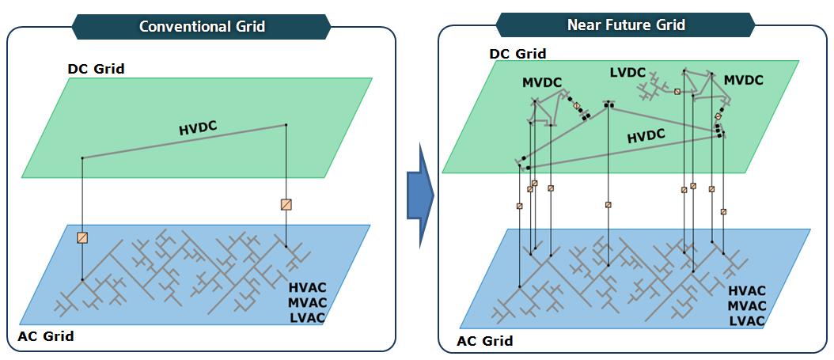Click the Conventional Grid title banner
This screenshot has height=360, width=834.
(x=202, y=26)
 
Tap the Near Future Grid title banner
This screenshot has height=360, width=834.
(x=626, y=25)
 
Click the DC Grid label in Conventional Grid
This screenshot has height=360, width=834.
(x=96, y=68)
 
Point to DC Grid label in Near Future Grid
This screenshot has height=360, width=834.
(x=517, y=54)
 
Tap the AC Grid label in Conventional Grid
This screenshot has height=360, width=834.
(x=46, y=336)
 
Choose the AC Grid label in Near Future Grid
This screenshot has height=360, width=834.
(x=485, y=341)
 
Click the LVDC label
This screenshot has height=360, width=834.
(x=630, y=73)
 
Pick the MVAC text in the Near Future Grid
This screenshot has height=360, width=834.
(x=746, y=306)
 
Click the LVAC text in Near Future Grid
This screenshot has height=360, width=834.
(x=746, y=320)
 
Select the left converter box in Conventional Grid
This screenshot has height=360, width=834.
(x=82, y=237)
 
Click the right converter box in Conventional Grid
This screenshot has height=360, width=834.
(x=286, y=204)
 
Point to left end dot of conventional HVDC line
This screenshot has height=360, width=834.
(x=82, y=157)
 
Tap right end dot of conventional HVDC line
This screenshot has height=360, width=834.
(x=286, y=124)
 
